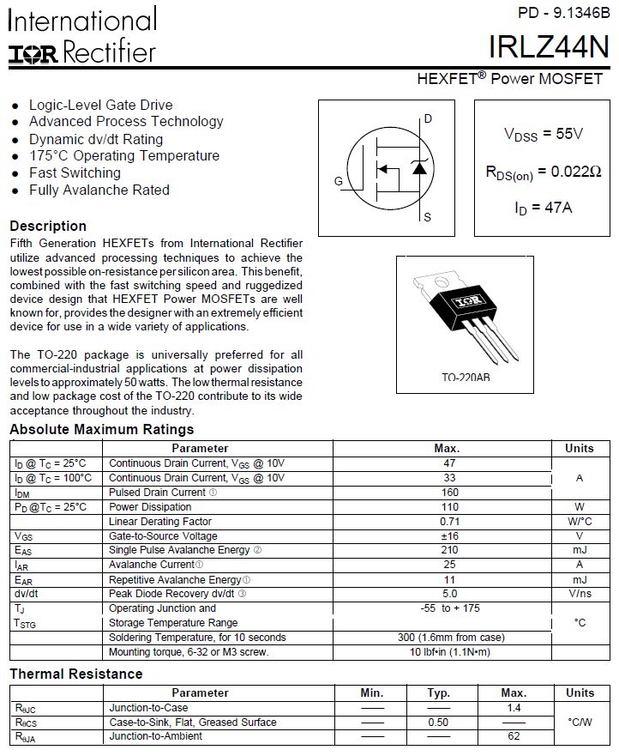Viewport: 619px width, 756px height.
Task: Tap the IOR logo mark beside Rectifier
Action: click(x=33, y=55)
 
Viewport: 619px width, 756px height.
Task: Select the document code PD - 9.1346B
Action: click(x=563, y=13)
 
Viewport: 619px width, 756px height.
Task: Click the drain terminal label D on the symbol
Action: click(x=428, y=119)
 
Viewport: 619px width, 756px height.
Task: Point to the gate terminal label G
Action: click(x=339, y=182)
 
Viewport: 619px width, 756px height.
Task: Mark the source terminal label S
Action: click(x=428, y=217)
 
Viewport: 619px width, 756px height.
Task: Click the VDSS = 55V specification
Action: click(x=543, y=134)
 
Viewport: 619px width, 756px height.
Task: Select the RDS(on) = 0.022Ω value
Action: click(x=543, y=172)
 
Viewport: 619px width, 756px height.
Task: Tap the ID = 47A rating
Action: click(x=543, y=208)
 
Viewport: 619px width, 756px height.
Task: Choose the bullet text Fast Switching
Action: click(x=75, y=172)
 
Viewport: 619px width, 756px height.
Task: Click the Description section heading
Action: click(x=48, y=227)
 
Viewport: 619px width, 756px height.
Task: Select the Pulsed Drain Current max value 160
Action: click(x=448, y=493)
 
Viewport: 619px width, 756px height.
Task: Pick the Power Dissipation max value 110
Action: click(x=448, y=507)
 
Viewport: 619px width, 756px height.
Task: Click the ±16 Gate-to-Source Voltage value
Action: click(x=448, y=535)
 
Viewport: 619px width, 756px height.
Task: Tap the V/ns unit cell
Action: click(x=580, y=593)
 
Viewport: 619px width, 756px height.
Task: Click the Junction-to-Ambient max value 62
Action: click(x=513, y=736)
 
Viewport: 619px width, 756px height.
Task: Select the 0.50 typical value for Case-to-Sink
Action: click(x=438, y=723)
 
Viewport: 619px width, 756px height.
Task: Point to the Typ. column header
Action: click(x=438, y=692)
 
